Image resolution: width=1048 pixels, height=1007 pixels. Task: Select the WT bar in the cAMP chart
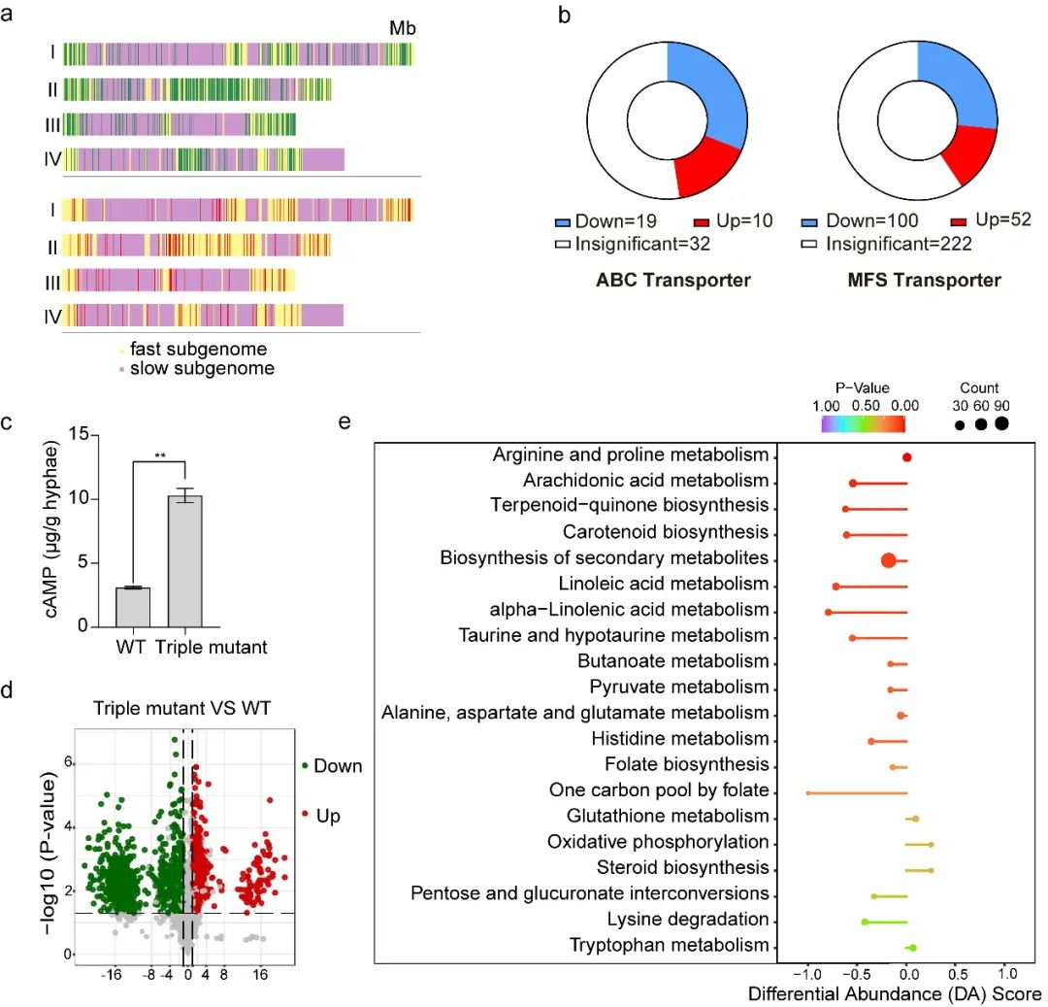tap(133, 607)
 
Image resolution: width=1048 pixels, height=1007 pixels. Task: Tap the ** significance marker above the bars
tap(159, 453)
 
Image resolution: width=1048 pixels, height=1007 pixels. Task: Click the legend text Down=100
tap(871, 221)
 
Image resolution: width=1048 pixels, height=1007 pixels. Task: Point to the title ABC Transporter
tap(673, 281)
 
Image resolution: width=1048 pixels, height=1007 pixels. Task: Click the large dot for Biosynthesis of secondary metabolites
tap(888, 559)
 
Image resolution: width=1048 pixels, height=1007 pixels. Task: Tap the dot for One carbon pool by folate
tap(807, 792)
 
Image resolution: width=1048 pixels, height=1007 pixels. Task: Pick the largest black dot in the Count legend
tap(1000, 423)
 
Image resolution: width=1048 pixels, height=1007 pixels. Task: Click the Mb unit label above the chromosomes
tap(402, 28)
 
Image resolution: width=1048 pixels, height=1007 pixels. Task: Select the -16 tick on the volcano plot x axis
tap(113, 973)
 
